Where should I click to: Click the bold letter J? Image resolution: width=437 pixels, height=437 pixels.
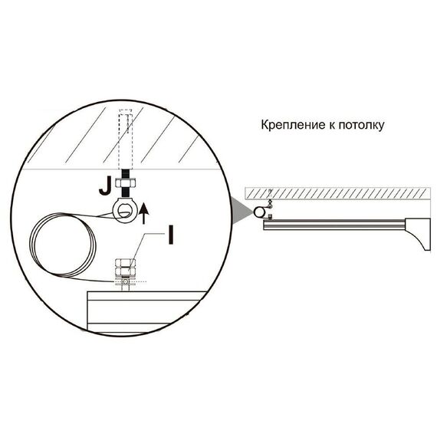tap(105, 186)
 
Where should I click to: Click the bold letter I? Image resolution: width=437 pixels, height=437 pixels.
tap(171, 235)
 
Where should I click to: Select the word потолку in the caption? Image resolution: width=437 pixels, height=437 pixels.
tap(361, 125)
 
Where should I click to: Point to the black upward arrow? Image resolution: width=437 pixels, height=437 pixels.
tap(143, 213)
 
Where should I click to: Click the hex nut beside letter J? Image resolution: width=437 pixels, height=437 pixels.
tap(126, 183)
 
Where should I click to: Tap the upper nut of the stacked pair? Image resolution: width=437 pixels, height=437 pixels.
tap(126, 263)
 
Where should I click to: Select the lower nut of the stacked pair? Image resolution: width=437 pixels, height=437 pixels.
tap(126, 271)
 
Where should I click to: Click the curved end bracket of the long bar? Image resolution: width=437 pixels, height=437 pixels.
tap(418, 233)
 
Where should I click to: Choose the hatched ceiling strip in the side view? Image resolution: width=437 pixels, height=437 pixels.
tap(337, 194)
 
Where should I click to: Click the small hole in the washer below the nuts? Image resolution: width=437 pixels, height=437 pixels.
tap(126, 282)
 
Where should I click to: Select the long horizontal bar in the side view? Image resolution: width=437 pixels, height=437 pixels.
tap(334, 225)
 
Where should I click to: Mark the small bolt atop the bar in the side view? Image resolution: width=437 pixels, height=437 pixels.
tap(270, 217)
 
